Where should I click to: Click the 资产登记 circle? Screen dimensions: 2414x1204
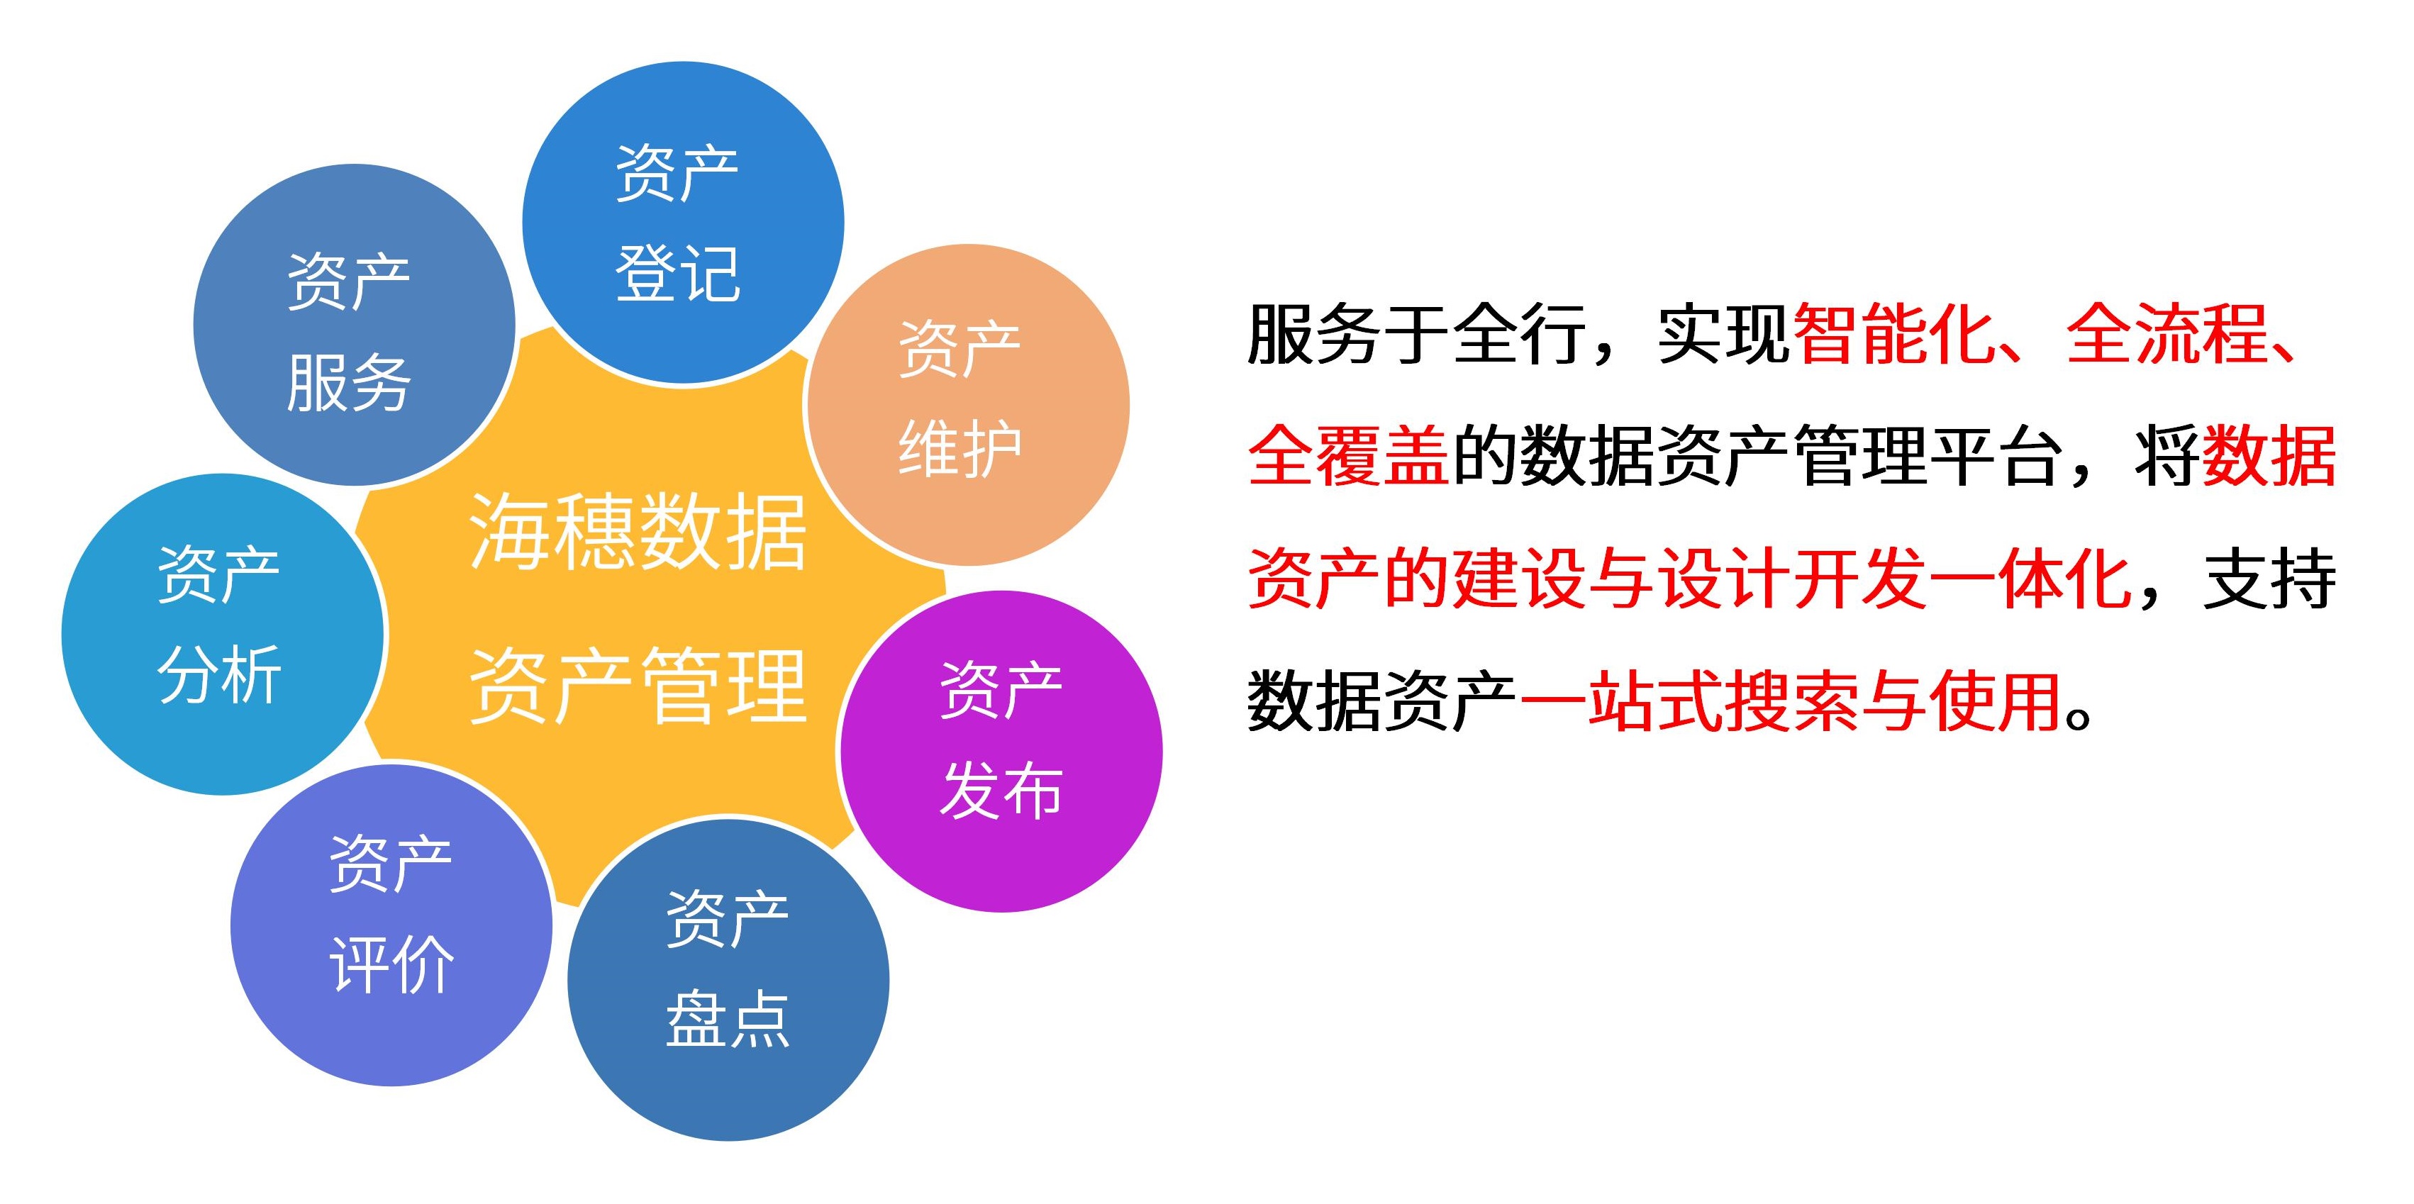[x=683, y=223]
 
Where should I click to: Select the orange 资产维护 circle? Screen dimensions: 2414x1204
[x=968, y=405]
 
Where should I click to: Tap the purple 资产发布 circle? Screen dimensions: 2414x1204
[x=1001, y=752]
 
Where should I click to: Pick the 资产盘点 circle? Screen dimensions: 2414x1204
[x=728, y=980]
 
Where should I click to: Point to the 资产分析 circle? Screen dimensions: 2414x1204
[x=223, y=635]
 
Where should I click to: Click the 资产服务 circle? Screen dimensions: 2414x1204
[x=355, y=325]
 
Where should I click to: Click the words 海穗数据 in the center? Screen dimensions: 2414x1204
[x=638, y=533]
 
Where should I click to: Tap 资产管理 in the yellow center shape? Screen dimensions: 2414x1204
[x=638, y=687]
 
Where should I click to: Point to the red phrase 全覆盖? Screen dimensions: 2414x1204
[x=1350, y=457]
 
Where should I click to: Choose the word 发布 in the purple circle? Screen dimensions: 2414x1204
[x=1001, y=790]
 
